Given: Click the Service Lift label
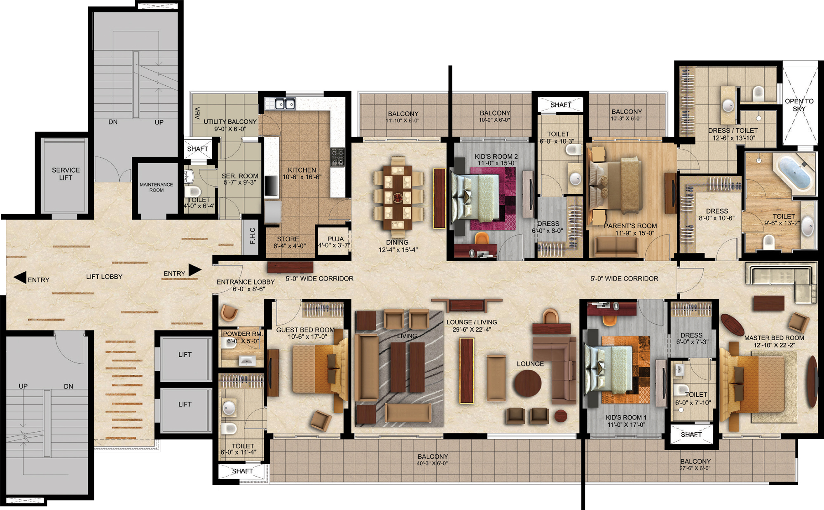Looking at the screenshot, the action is click(66, 174).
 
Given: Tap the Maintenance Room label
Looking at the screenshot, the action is click(156, 187).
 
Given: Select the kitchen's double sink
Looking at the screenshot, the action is click(285, 104).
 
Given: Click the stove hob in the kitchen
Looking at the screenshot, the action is click(337, 157).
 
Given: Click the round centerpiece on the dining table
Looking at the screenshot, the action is click(398, 198).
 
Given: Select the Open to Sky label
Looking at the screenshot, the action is click(799, 105).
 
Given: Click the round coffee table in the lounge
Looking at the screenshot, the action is click(527, 383).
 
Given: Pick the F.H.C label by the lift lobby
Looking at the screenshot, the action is click(253, 236).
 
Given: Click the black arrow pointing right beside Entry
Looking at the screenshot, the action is click(195, 270).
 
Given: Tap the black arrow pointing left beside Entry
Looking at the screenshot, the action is click(20, 277).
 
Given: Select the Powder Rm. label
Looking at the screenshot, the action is click(243, 334).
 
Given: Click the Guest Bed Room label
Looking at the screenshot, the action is click(305, 330).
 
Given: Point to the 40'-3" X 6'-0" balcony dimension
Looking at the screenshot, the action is click(432, 463).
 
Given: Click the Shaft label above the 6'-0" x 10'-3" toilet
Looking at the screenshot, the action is click(561, 105).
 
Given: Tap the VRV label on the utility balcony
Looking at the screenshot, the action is click(197, 113).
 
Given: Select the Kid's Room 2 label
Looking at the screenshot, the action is click(496, 157).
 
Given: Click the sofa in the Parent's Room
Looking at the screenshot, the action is click(616, 246).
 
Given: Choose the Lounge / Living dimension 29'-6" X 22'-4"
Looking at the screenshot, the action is click(472, 330).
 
